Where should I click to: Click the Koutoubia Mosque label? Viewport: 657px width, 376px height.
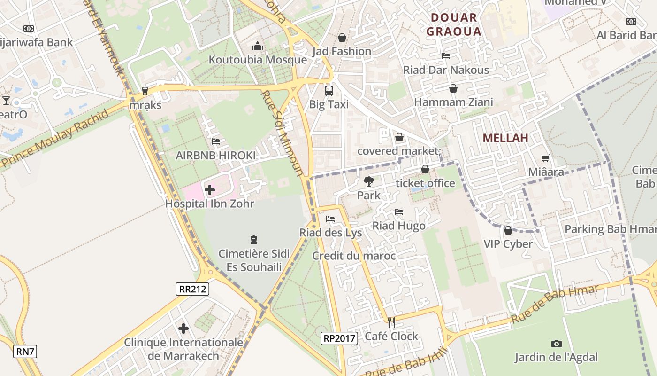258,60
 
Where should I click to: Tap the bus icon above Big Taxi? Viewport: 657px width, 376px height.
329,90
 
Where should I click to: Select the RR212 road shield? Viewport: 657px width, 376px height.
192,289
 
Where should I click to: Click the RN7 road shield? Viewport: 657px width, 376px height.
25,352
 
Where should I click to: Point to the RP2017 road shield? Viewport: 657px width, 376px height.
340,337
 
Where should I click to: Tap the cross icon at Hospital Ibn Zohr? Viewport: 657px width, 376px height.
210,190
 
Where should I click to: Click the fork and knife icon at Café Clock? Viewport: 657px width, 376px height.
391,322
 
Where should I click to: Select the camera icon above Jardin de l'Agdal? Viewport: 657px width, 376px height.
556,344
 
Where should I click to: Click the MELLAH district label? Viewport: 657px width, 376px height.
505,138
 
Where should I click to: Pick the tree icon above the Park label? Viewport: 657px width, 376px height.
369,181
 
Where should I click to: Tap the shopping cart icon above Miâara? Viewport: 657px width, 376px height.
545,158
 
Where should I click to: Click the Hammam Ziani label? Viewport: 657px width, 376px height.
453,102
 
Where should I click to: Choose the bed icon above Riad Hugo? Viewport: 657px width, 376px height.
399,212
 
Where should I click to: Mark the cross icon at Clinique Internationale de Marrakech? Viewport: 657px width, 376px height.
183,329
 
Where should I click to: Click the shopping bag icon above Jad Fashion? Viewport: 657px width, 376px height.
342,38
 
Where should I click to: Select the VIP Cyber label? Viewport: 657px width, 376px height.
508,244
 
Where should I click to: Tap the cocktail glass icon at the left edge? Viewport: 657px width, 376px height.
6,100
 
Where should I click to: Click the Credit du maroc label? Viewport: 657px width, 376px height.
354,256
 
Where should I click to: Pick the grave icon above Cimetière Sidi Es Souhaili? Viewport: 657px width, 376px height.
254,240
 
